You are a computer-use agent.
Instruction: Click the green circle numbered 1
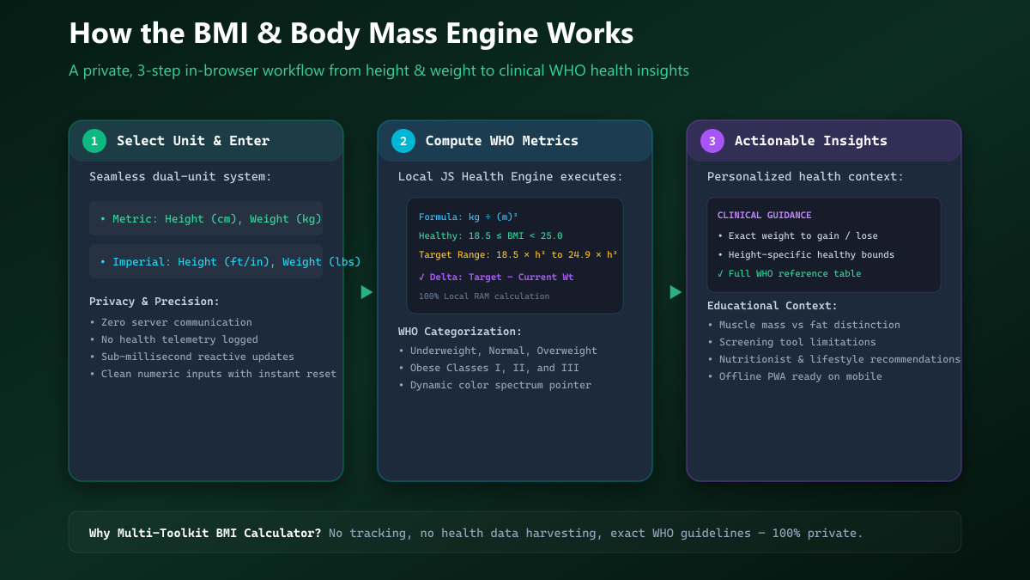(94, 141)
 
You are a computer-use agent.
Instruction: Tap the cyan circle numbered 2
(403, 141)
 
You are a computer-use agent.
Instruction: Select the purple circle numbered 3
(712, 141)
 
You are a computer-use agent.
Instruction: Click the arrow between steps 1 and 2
(366, 292)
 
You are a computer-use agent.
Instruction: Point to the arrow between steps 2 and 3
(675, 292)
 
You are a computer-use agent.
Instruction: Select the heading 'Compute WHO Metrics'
(501, 141)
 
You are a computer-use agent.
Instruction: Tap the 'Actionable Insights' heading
(810, 141)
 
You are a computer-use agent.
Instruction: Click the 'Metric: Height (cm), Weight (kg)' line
(211, 219)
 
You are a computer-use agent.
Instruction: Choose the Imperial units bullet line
(230, 262)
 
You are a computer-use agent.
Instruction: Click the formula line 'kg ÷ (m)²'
(468, 217)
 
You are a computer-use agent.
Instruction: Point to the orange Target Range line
(518, 254)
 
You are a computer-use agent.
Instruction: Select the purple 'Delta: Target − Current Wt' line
(496, 277)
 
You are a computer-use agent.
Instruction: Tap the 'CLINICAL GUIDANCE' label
(764, 215)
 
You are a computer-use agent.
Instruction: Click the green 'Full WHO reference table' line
(789, 273)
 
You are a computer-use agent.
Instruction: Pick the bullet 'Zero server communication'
(172, 322)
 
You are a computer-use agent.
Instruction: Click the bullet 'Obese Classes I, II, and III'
(489, 368)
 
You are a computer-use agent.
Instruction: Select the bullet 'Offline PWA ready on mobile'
(795, 376)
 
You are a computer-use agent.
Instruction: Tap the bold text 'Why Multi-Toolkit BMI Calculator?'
(205, 533)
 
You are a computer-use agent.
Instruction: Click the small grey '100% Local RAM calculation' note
(484, 296)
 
